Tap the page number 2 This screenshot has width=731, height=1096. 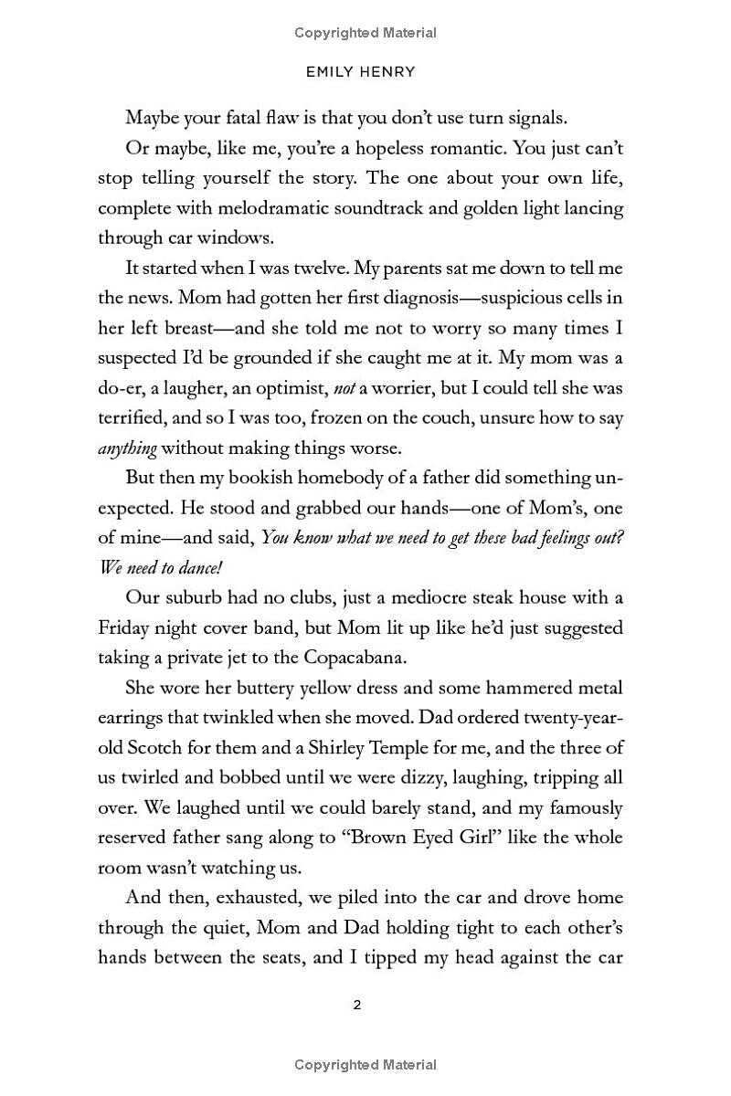[357, 1006]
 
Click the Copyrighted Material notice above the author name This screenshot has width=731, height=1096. [365, 33]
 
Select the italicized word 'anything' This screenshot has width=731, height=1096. [128, 448]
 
